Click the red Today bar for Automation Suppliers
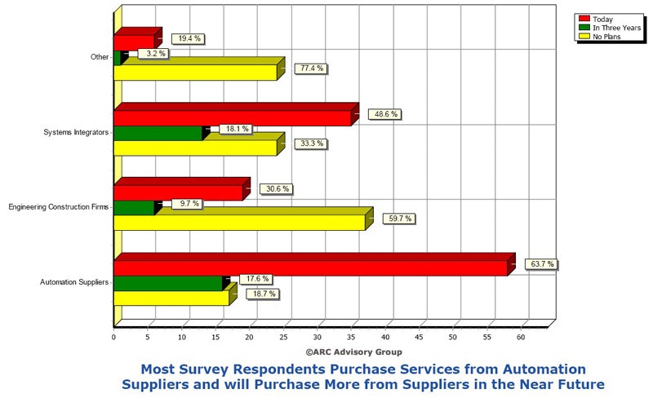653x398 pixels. coord(310,268)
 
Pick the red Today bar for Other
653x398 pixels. coord(134,42)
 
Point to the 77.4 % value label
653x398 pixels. coord(311,69)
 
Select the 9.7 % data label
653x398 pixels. coord(186,204)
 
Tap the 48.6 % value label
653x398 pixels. coord(383,114)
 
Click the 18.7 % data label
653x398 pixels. coord(264,294)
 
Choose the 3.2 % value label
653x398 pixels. coord(153,54)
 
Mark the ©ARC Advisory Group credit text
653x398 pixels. coord(353,352)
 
